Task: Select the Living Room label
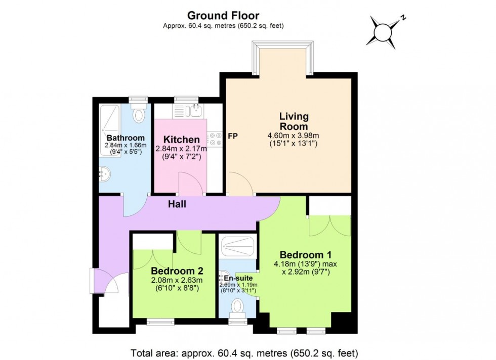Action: point(294,121)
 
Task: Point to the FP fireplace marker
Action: point(233,136)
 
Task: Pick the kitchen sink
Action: point(194,110)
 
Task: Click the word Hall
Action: point(178,204)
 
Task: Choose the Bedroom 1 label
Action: point(302,255)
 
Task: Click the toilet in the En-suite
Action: point(237,306)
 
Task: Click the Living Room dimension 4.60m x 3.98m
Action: point(294,136)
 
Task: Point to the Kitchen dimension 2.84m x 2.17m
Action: point(181,149)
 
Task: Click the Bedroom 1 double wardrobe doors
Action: point(329,226)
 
